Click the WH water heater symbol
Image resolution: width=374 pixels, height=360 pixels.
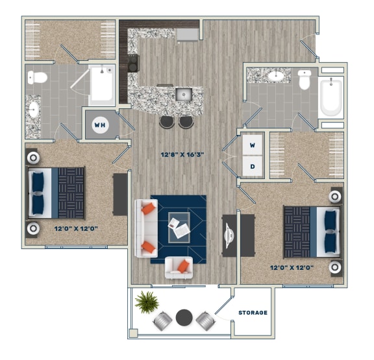(100, 125)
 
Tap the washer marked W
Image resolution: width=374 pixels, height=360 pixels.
(253, 145)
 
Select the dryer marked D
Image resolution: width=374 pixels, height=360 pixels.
(253, 165)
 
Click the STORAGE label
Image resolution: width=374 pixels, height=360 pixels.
(253, 313)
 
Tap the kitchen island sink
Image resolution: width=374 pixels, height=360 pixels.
(183, 95)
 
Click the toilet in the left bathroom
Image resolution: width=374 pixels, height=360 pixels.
(38, 78)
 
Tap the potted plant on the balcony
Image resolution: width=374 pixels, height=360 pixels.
(147, 301)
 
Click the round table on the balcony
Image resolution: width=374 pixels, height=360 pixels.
(184, 318)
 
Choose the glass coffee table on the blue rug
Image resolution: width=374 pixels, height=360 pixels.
(179, 227)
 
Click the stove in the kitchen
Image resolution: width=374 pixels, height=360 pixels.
(133, 63)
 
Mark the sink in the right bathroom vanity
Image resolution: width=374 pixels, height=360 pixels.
(277, 75)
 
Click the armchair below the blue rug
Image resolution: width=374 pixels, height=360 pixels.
(179, 267)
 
